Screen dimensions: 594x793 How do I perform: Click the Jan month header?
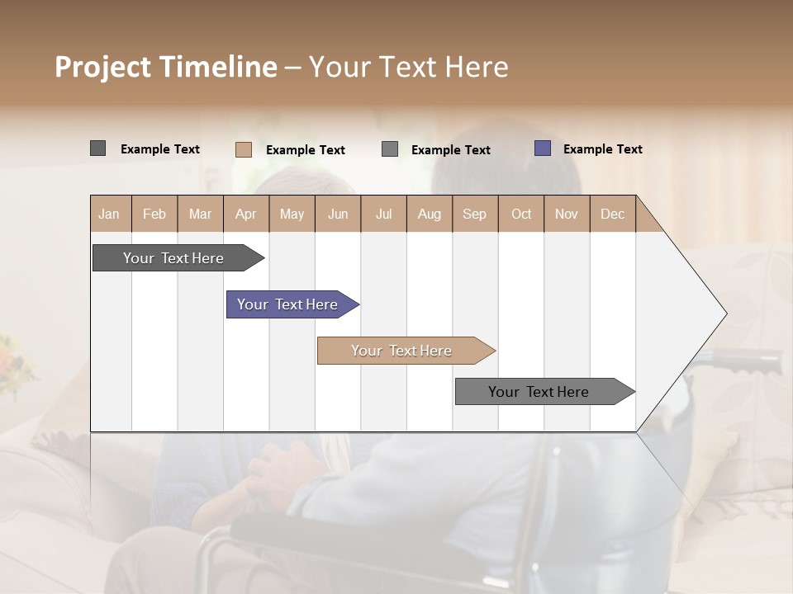coord(110,214)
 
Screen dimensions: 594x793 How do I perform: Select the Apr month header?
coord(245,214)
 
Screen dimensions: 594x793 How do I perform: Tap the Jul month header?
coord(383,214)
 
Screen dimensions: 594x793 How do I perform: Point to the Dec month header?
coord(612,214)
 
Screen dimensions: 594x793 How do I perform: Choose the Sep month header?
coord(474,214)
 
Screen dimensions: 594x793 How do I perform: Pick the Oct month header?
coord(520,214)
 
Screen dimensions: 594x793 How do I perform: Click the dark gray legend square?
coord(97,148)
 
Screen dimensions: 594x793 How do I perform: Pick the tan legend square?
coord(243,149)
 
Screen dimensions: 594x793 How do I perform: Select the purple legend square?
coord(543,148)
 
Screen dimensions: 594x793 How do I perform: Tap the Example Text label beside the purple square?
coord(602,149)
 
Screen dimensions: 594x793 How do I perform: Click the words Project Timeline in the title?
coord(165,67)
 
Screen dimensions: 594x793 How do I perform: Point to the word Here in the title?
coord(477,67)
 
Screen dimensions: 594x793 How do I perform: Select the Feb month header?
coord(154,214)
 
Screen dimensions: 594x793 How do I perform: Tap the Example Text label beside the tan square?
coord(305,150)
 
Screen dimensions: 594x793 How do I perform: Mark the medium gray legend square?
coord(390,149)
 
